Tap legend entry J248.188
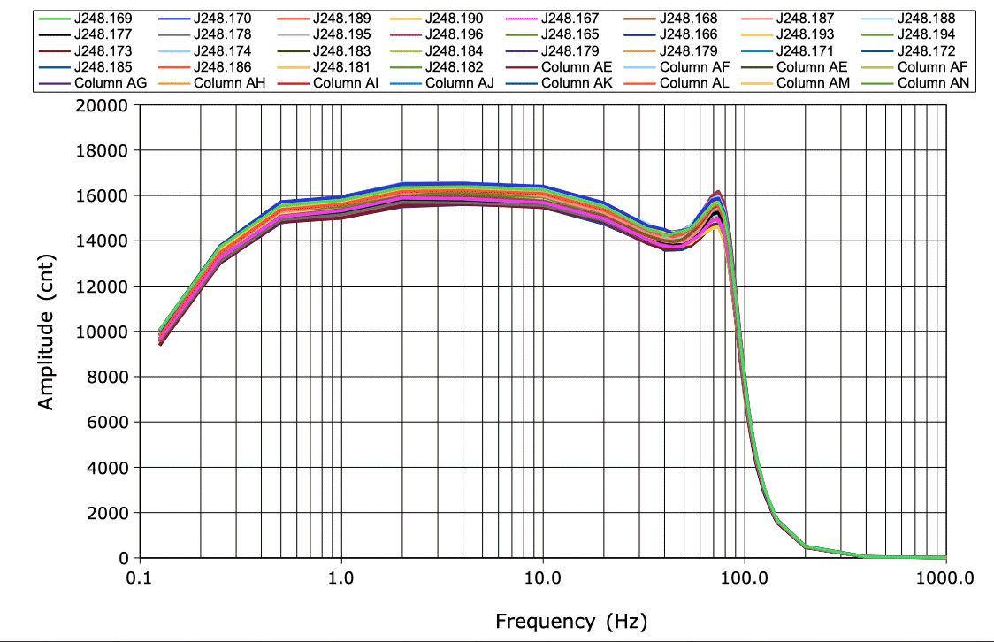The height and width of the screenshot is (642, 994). pos(926,18)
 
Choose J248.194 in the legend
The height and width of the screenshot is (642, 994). pos(926,34)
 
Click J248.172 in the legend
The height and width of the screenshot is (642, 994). pos(926,50)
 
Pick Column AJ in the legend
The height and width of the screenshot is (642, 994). pos(460,83)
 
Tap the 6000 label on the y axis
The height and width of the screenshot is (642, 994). pos(108,423)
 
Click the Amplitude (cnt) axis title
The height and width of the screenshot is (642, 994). pos(46,331)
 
